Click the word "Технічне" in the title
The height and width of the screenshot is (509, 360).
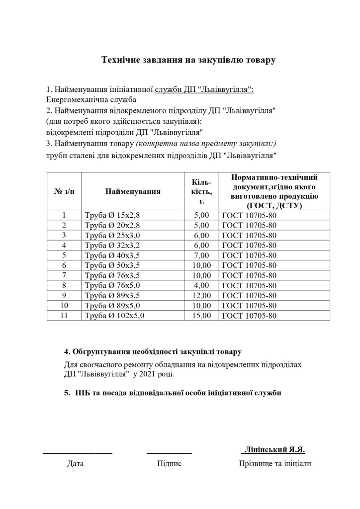(x=119, y=61)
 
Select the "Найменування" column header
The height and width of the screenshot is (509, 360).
(x=133, y=191)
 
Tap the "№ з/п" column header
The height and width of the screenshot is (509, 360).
(x=64, y=191)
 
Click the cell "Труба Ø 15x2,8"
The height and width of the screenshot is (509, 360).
(x=113, y=215)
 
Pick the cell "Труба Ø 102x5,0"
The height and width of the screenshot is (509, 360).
(x=115, y=315)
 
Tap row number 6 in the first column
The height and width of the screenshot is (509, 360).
(x=64, y=265)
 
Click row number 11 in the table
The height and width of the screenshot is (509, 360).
(x=64, y=315)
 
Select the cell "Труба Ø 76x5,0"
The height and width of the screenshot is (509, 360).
(x=113, y=285)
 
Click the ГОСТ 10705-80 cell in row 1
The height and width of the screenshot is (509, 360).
(x=249, y=215)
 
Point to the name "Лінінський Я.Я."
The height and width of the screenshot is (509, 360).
(x=273, y=450)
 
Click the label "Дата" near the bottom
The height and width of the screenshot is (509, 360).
(x=76, y=464)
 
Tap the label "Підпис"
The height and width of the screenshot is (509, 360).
(x=169, y=464)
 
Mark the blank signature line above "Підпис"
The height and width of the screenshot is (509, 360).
(x=169, y=452)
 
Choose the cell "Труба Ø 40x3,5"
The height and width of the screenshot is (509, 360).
(x=113, y=255)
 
